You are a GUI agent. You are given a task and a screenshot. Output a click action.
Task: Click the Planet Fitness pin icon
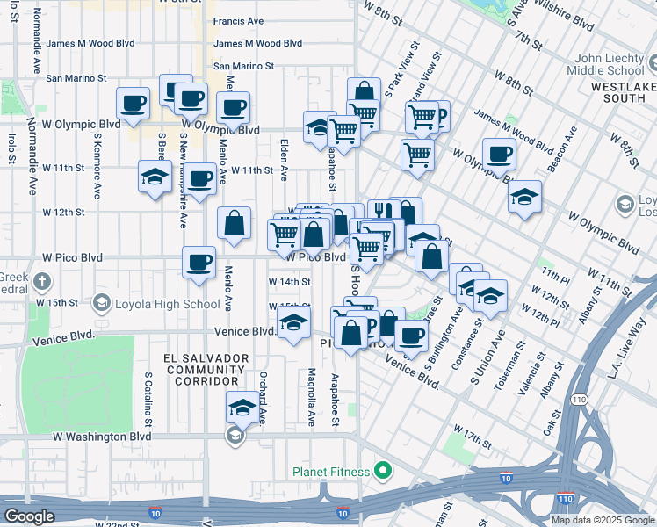tap(381, 472)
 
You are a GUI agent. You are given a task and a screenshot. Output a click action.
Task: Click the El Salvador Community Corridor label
tap(203, 370)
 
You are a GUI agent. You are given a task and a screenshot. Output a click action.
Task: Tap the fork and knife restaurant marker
tap(383, 213)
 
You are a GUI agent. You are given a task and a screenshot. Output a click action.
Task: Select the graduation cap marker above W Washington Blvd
tap(243, 408)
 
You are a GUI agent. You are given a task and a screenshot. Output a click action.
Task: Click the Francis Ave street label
tap(238, 20)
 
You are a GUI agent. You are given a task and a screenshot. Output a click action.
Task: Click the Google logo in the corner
tap(29, 516)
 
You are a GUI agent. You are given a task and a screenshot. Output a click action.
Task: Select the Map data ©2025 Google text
tap(602, 520)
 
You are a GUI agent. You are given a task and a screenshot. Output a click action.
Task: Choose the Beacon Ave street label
tap(567, 148)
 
